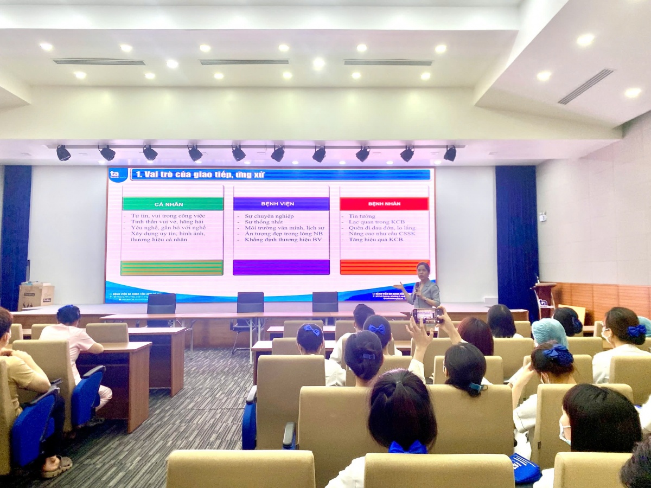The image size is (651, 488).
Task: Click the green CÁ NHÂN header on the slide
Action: (173, 204)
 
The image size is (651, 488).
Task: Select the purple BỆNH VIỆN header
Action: (281, 204)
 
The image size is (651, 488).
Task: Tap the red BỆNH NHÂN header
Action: (384, 204)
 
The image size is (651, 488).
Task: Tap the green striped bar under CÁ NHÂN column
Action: (172, 268)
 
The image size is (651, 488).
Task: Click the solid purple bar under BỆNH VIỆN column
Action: (281, 267)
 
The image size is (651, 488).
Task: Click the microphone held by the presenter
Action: (416, 287)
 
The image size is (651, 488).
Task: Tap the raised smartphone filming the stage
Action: (426, 315)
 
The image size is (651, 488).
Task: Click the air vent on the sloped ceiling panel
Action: (586, 86)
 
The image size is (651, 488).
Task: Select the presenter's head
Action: (423, 269)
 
